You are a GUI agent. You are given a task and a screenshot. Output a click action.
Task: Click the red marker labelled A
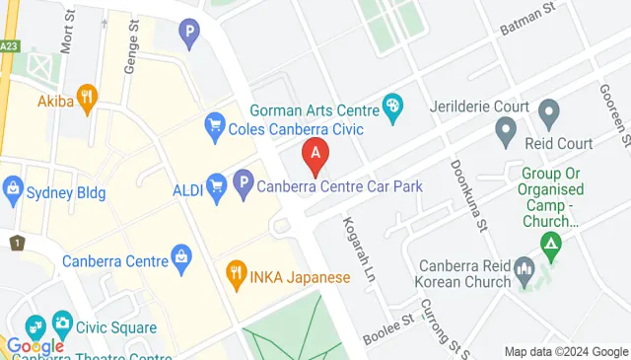pyautogui.click(x=315, y=154)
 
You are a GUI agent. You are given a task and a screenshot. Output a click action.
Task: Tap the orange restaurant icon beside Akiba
pyautogui.click(x=89, y=97)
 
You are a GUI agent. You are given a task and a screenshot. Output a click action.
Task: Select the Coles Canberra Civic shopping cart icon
pyautogui.click(x=213, y=125)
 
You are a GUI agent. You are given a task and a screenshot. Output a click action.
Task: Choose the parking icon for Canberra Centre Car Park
pyautogui.click(x=243, y=183)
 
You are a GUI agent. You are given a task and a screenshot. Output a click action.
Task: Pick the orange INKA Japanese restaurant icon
pyautogui.click(x=235, y=272)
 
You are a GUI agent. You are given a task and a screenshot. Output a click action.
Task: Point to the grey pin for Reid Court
pyautogui.click(x=506, y=130)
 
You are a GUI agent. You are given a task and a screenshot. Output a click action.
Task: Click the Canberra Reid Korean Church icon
pyautogui.click(x=525, y=268)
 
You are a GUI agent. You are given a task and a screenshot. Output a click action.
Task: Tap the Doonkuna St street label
pyautogui.click(x=469, y=196)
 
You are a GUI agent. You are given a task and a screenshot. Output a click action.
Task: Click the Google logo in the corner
pyautogui.click(x=35, y=346)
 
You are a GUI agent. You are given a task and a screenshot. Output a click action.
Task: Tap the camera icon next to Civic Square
pyautogui.click(x=62, y=323)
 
